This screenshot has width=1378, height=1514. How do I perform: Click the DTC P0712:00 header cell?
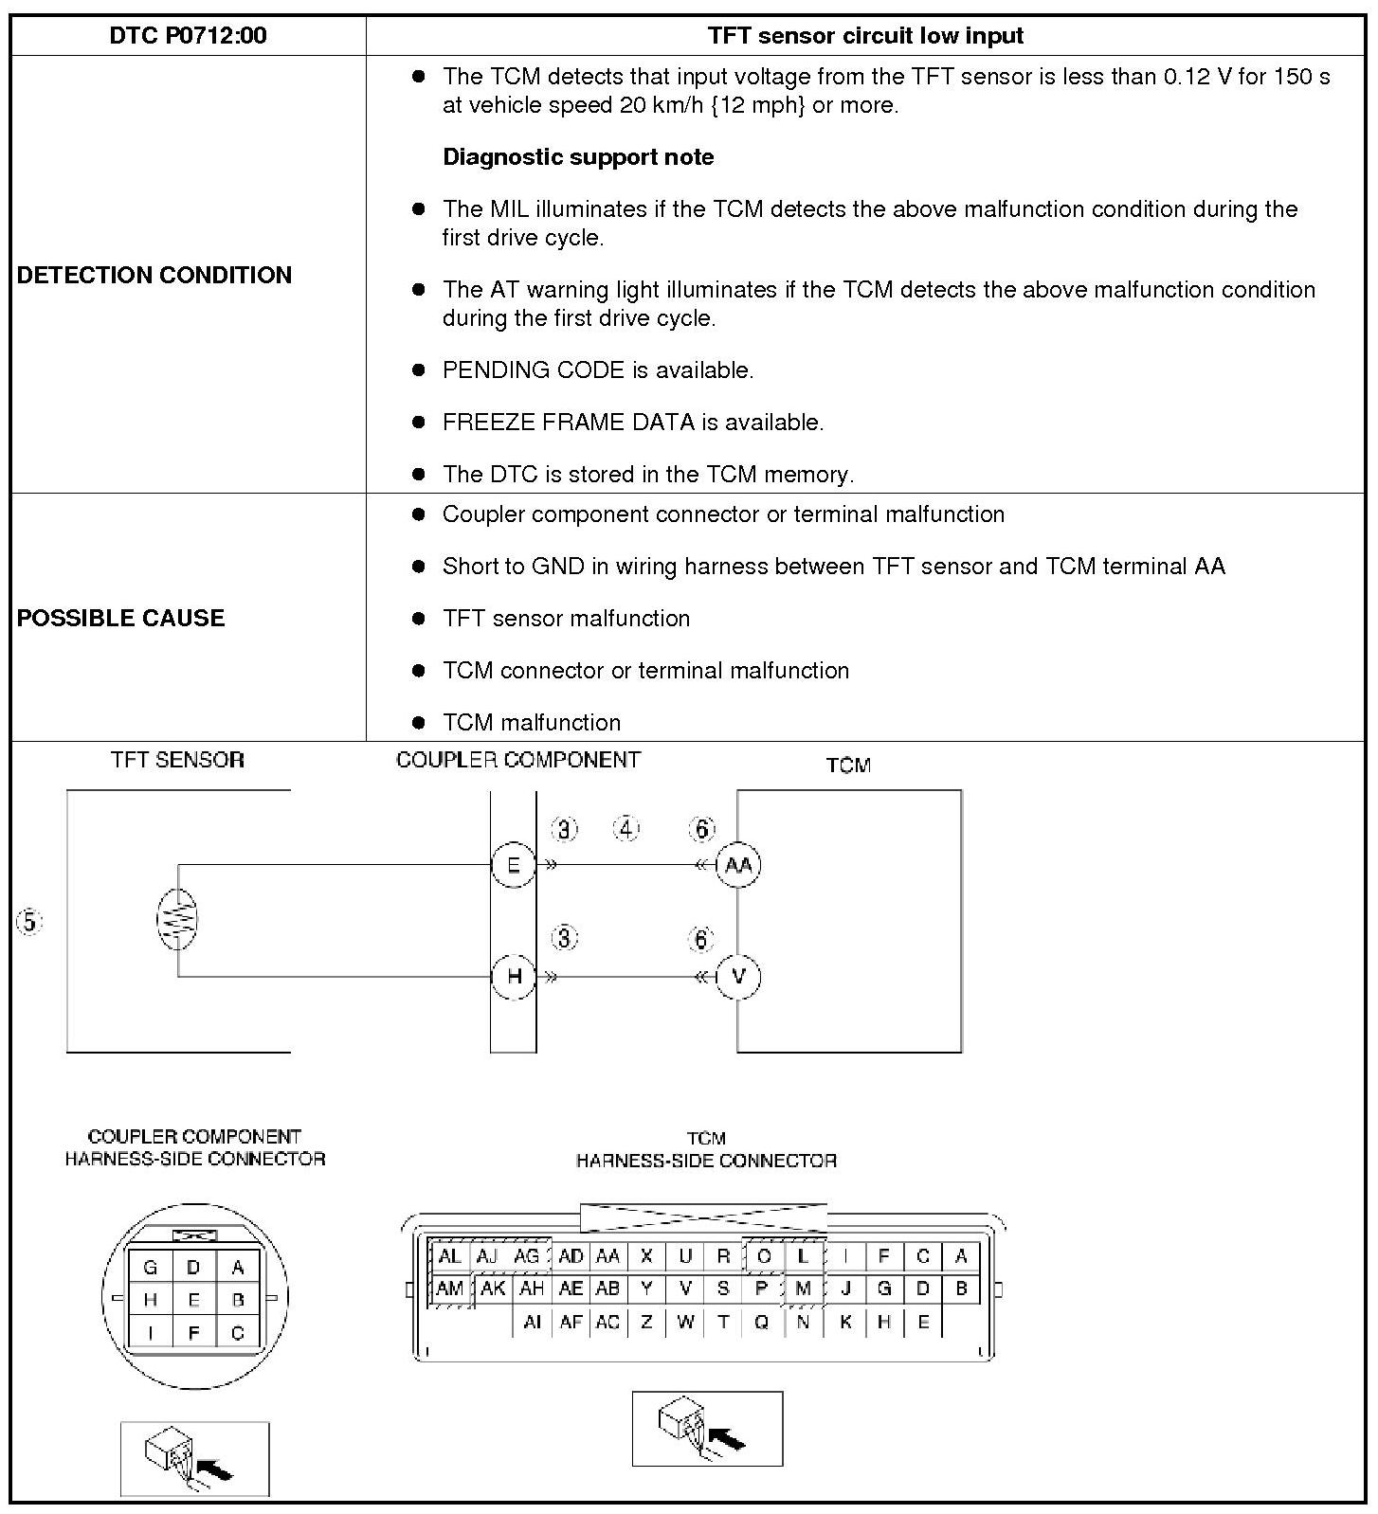[188, 36]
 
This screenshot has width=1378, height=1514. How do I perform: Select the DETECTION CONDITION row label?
[154, 275]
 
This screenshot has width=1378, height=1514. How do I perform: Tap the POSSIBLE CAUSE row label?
[120, 618]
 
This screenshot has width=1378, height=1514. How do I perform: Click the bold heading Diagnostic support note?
[578, 157]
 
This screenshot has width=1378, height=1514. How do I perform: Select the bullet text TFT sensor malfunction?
[566, 619]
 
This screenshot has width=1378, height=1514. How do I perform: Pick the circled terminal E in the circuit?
[514, 865]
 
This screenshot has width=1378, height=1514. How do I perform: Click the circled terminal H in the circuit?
[514, 976]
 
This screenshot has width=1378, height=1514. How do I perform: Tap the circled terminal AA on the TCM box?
[738, 865]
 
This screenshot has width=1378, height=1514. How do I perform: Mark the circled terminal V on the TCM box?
[738, 976]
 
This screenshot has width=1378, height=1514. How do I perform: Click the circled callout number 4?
[626, 829]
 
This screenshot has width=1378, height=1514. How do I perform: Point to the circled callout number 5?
[29, 922]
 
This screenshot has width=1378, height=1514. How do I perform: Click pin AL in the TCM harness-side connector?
[449, 1256]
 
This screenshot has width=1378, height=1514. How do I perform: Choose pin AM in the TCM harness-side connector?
[449, 1289]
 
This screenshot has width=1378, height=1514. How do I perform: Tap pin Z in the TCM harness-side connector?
[646, 1322]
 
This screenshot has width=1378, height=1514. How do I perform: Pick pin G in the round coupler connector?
[150, 1268]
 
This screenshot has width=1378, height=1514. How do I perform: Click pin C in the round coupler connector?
[237, 1333]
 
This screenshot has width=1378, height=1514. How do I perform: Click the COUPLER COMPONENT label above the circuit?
[518, 760]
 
